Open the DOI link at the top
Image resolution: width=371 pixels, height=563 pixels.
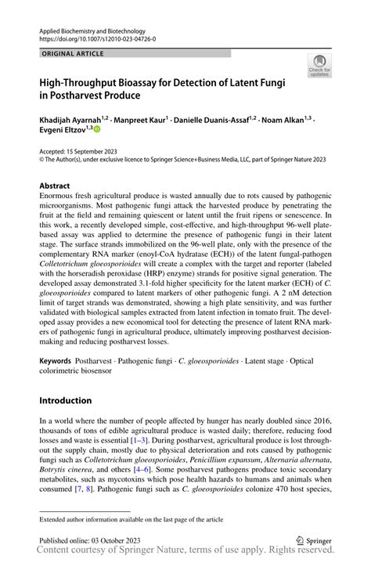coord(97,38)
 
